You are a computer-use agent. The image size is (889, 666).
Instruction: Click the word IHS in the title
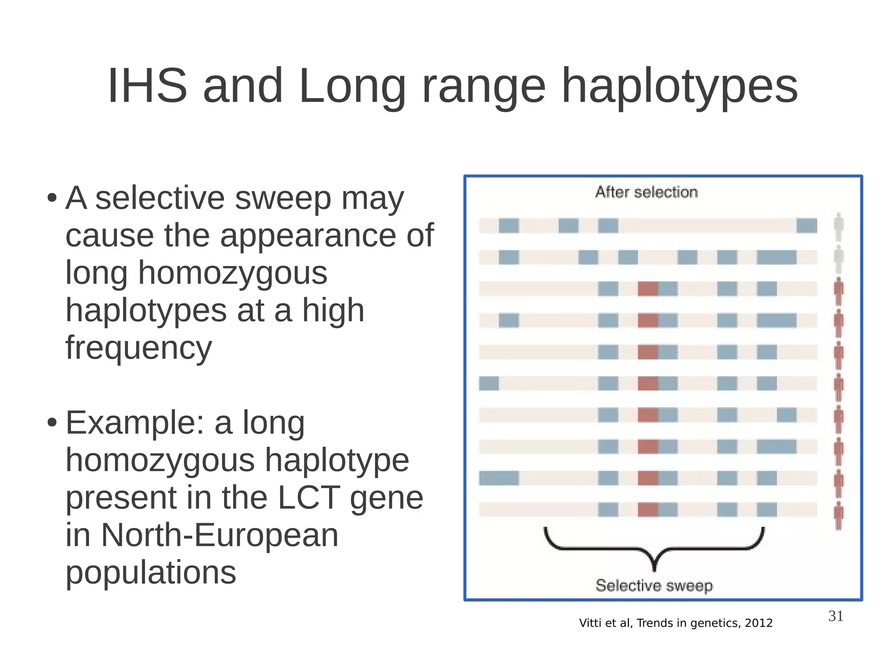tap(147, 86)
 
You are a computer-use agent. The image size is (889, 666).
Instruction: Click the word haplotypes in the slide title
tap(679, 87)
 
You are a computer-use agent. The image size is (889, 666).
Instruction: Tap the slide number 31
tap(836, 616)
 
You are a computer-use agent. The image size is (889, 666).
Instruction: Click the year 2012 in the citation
tap(759, 623)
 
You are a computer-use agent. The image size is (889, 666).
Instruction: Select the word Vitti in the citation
tap(589, 623)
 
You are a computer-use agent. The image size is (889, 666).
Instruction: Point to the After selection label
tap(646, 192)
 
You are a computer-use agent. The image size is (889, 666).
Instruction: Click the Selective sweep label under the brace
tap(654, 585)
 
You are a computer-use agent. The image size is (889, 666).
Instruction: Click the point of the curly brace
tap(655, 566)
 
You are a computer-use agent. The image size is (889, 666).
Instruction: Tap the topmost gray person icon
tap(839, 226)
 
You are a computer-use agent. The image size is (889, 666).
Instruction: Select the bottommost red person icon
tap(839, 515)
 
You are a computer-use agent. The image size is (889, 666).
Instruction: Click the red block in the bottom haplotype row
tap(648, 510)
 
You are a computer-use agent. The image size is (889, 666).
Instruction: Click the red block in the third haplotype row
tap(648, 289)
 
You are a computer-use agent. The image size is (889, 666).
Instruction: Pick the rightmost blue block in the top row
tap(807, 226)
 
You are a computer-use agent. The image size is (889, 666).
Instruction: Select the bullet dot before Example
tap(52, 422)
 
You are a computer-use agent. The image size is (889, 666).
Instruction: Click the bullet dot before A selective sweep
tap(52, 198)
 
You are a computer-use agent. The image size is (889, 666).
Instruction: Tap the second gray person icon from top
tap(839, 258)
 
